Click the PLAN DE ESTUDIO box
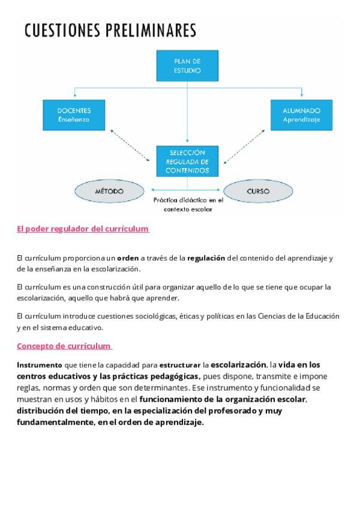pyautogui.click(x=187, y=66)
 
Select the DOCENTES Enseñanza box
pyautogui.click(x=74, y=115)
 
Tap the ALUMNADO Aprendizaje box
pyautogui.click(x=301, y=115)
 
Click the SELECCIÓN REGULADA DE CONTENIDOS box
pyautogui.click(x=187, y=161)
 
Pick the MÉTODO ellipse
pyautogui.click(x=109, y=191)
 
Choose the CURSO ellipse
pyautogui.click(x=258, y=191)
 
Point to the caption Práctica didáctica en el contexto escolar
pyautogui.click(x=188, y=205)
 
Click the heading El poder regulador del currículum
pyautogui.click(x=82, y=229)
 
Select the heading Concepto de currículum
pyautogui.click(x=64, y=346)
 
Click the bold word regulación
pyautogui.click(x=207, y=258)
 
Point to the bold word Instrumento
pyautogui.click(x=39, y=364)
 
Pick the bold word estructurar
pyautogui.click(x=180, y=364)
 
